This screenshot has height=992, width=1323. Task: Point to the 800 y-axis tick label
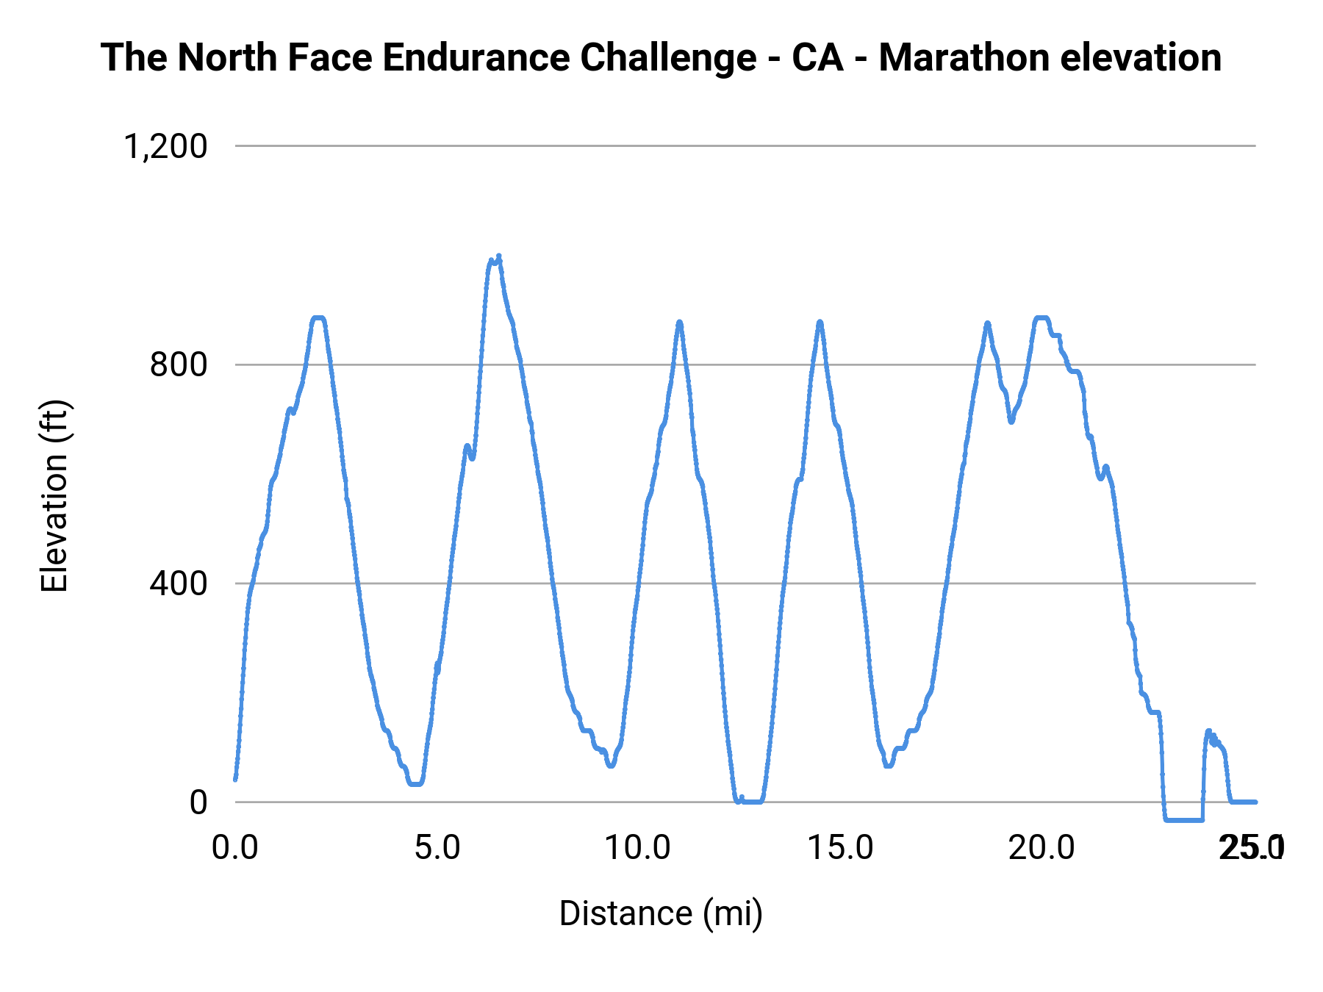[x=179, y=364]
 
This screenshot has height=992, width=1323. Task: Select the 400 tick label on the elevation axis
[x=179, y=583]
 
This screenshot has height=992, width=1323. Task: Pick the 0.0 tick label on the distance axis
[x=235, y=848]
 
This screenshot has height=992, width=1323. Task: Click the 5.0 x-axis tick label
[x=437, y=848]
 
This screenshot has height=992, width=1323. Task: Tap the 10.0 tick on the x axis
[x=638, y=848]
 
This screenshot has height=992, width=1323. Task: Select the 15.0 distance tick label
[x=840, y=848]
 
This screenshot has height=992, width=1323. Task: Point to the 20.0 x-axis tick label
[x=1041, y=848]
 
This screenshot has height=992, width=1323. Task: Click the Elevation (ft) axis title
[x=54, y=496]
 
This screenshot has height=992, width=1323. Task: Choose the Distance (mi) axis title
[x=661, y=913]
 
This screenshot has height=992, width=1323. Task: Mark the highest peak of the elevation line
[x=498, y=256]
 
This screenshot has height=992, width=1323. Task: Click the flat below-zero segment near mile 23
[x=1183, y=819]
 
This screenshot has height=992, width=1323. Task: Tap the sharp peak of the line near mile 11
[x=679, y=322]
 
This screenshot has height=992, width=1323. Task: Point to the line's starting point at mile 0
[x=235, y=779]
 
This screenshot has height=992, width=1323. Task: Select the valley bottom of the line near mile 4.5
[x=416, y=783]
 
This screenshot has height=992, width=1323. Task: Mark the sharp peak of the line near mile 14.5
[x=820, y=322]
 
